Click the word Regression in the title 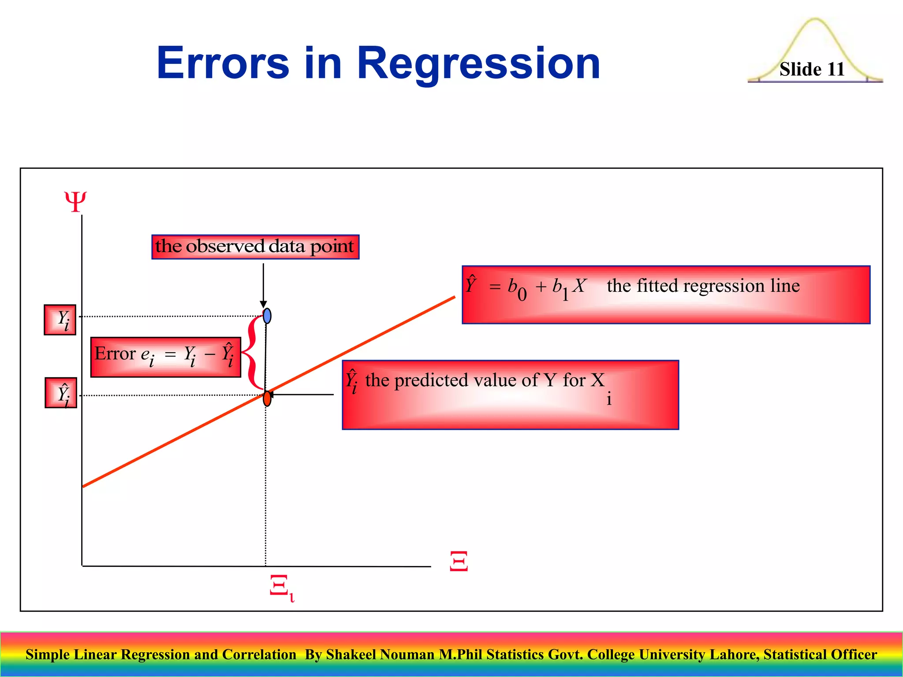(478, 64)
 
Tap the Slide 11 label (812, 69)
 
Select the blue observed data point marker (267, 316)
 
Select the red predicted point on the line (267, 398)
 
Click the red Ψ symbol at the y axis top (75, 202)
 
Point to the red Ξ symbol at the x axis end (459, 561)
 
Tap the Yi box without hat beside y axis (60, 320)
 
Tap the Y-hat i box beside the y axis (61, 393)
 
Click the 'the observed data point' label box (255, 247)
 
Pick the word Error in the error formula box (115, 354)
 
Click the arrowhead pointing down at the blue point (263, 304)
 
